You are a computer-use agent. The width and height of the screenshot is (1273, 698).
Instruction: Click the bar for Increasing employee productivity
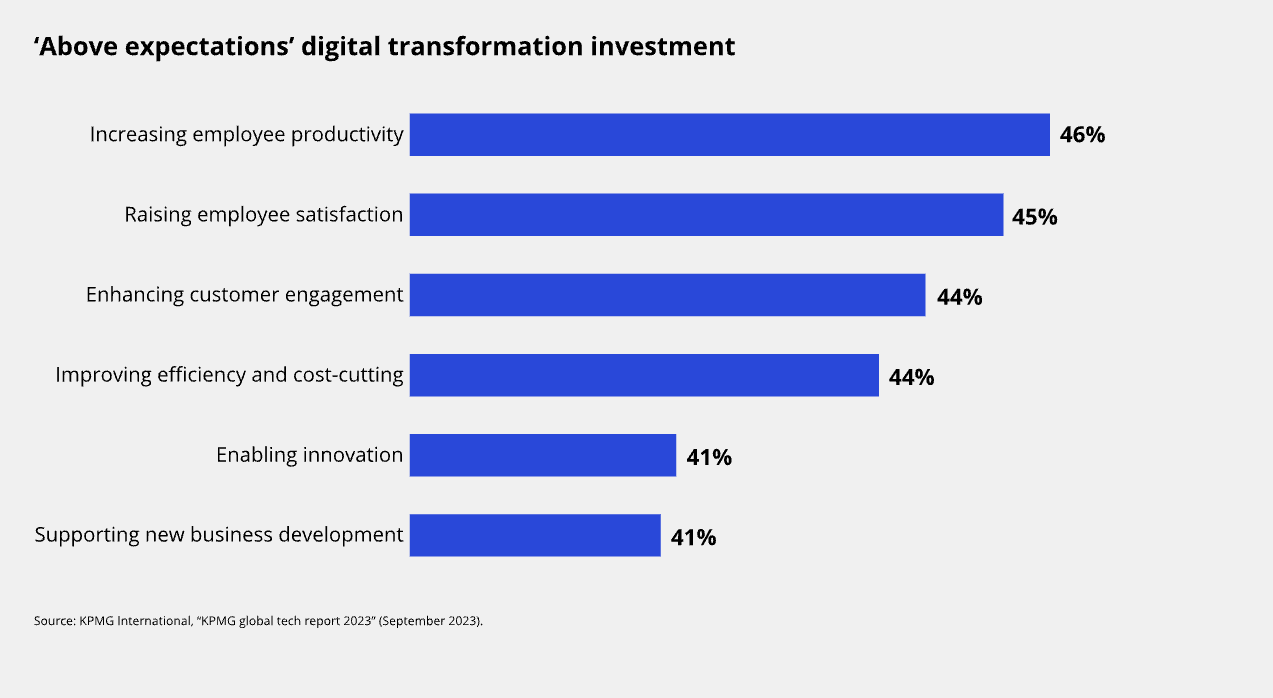[729, 135]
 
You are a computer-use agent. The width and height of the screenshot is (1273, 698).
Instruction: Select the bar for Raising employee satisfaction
[706, 215]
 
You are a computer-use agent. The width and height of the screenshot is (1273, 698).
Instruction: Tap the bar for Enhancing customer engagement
[667, 295]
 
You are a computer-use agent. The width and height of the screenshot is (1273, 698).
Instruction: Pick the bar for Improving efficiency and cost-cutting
[644, 375]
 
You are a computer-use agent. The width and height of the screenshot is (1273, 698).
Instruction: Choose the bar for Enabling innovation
[542, 455]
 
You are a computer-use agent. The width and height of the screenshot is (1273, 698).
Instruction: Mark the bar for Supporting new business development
[535, 535]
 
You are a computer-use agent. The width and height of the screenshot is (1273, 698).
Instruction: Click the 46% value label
[1082, 135]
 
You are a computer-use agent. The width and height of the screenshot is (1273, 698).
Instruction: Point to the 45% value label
[1034, 216]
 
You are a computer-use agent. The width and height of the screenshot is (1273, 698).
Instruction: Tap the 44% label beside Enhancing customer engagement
[959, 297]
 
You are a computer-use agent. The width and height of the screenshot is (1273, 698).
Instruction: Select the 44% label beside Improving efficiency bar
[911, 377]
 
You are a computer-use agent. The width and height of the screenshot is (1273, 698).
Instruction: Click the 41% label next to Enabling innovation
[709, 457]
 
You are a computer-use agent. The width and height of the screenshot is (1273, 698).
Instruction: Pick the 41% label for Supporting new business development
[693, 537]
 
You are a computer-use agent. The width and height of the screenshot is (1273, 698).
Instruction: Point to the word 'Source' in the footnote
[50, 621]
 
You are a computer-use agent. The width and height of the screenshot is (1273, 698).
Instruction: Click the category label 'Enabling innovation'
[310, 455]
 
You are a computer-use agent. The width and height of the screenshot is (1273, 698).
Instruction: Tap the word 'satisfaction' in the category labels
[349, 215]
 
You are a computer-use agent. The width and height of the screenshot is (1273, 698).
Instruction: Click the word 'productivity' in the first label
[347, 134]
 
